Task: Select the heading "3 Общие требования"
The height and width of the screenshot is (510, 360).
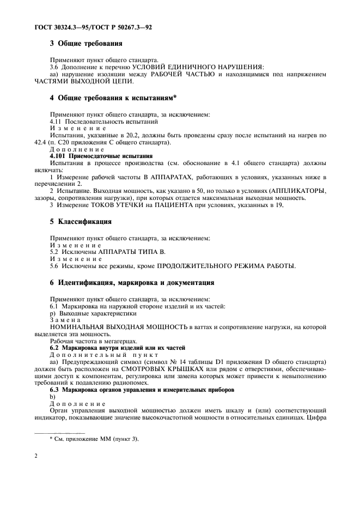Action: click(82, 43)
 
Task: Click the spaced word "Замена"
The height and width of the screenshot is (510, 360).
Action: click(65, 320)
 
